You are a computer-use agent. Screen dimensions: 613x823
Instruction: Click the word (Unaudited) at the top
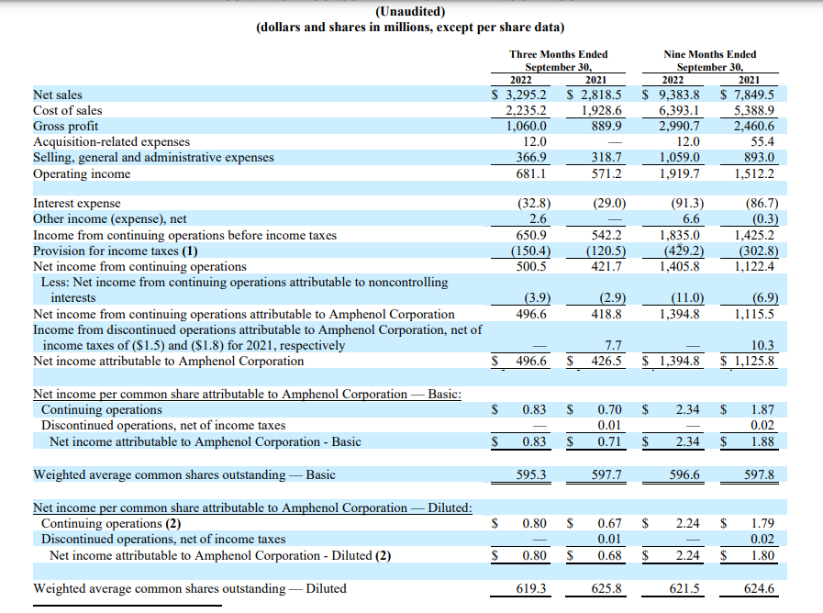coord(410,11)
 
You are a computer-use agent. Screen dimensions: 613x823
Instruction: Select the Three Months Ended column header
coord(558,54)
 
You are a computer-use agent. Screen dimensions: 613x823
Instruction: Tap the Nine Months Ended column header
coord(709,54)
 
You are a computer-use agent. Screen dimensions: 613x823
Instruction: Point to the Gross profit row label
coord(65,126)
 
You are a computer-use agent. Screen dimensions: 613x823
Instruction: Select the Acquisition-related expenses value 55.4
coord(762,141)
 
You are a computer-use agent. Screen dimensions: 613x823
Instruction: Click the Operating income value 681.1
coord(532,173)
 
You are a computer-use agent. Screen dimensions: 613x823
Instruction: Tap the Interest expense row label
coord(76,203)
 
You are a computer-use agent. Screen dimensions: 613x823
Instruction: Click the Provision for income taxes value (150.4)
coord(528,251)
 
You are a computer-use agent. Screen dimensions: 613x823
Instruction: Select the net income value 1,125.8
coord(753,361)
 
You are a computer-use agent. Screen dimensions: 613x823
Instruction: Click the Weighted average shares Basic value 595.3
coord(532,474)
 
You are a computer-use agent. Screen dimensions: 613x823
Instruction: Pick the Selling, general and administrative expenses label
coord(153,157)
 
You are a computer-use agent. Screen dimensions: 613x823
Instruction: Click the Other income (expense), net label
coord(109,218)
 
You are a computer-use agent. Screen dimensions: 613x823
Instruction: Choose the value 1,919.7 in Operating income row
coord(680,173)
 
